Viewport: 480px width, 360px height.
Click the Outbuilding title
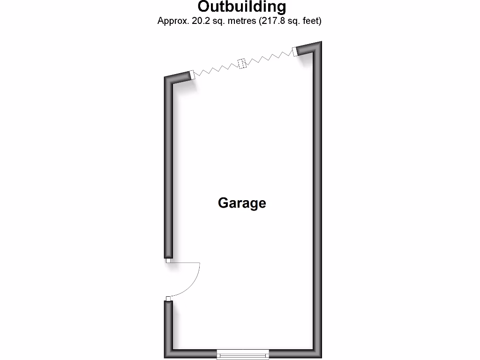click(242, 7)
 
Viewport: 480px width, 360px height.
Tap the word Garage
click(242, 203)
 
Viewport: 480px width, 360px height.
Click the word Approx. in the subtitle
click(173, 21)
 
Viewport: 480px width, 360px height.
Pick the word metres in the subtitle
click(242, 21)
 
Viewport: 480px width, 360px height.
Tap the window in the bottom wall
click(243, 354)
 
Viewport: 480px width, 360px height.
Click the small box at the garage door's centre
click(242, 63)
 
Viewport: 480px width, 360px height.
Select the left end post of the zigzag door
click(192, 75)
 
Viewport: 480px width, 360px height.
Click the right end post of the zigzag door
click(295, 52)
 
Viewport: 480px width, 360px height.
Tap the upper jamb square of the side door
click(168, 261)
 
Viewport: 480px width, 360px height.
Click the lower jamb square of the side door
click(168, 299)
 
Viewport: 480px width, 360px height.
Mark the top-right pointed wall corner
click(322, 41)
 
